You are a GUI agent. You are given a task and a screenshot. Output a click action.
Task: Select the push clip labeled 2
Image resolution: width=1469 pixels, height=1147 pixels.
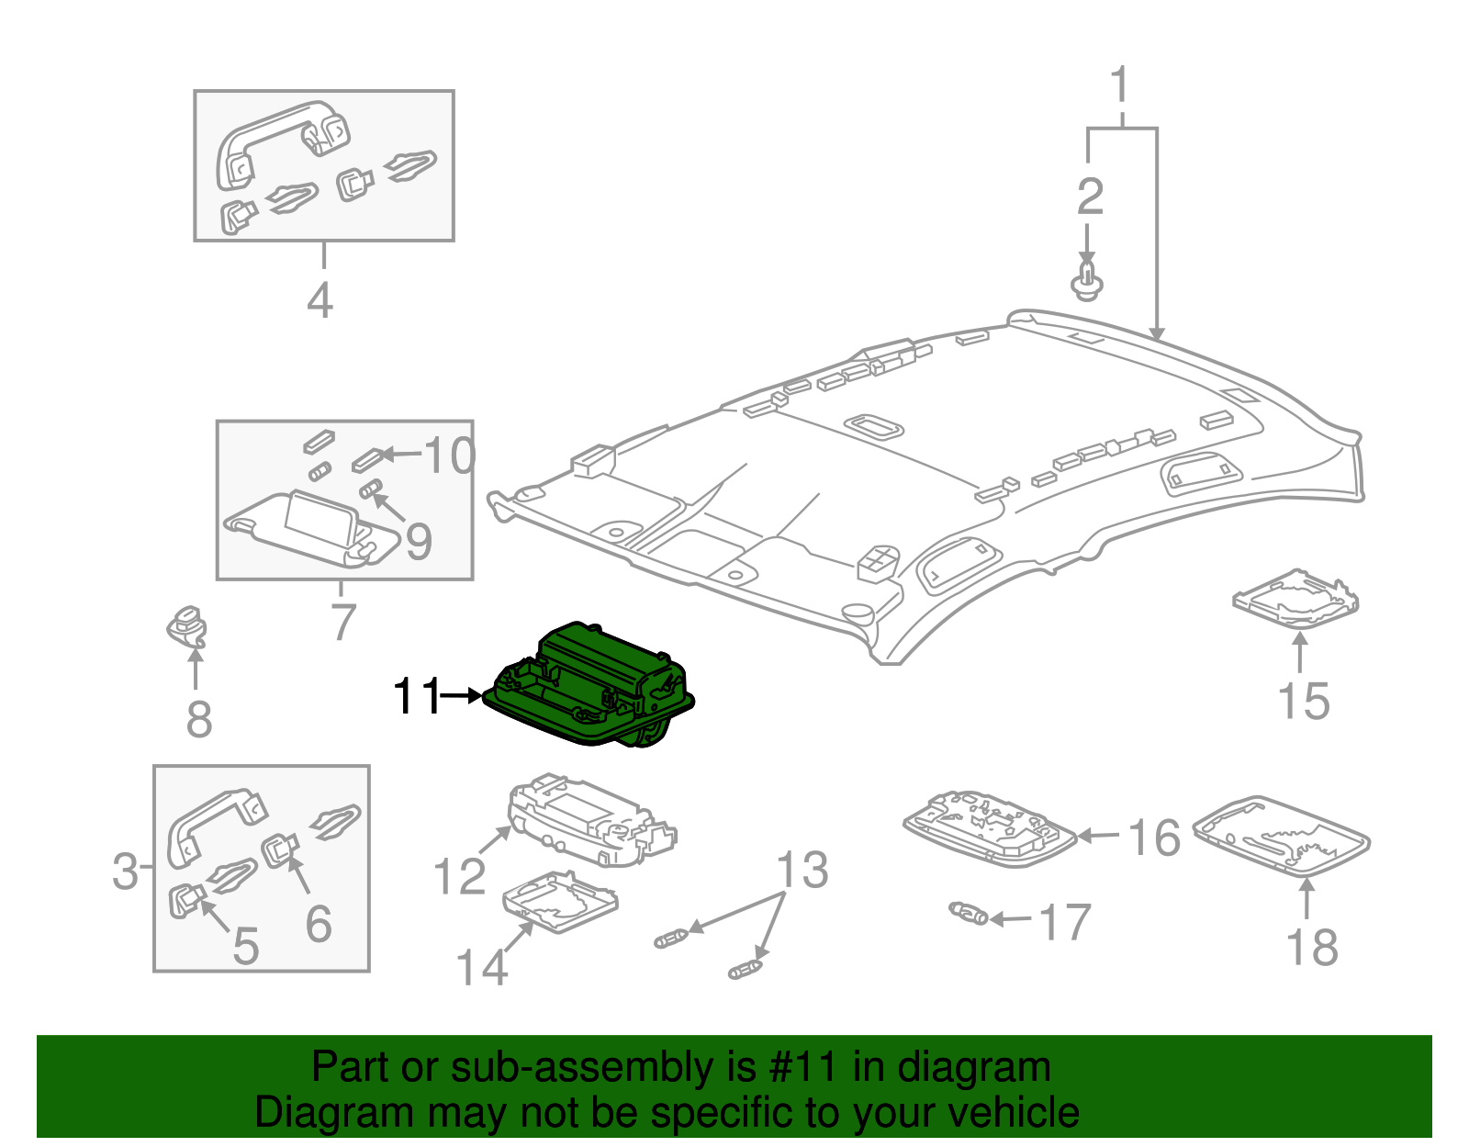pyautogui.click(x=1088, y=280)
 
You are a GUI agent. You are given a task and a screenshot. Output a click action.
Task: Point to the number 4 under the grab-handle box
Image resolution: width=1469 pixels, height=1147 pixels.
pyautogui.click(x=320, y=300)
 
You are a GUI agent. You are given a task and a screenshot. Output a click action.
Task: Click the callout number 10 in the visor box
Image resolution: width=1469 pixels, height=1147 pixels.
pyautogui.click(x=449, y=455)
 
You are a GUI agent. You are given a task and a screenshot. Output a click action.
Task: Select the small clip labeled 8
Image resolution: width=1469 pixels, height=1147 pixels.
pyautogui.click(x=187, y=628)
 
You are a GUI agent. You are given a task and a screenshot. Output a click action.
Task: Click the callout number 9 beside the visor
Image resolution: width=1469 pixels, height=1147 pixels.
pyautogui.click(x=419, y=542)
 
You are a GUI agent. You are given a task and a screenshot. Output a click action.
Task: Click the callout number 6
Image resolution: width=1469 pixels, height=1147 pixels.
pyautogui.click(x=318, y=923)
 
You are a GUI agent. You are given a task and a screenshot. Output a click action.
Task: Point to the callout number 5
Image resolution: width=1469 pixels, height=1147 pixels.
pyautogui.click(x=245, y=946)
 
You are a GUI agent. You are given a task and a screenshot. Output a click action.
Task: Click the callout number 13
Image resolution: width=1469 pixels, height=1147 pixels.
pyautogui.click(x=802, y=870)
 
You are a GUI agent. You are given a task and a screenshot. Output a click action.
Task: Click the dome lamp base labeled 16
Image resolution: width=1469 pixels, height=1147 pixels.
pyautogui.click(x=989, y=827)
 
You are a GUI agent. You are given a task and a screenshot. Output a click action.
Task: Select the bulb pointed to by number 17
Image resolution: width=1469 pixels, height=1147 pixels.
pyautogui.click(x=969, y=913)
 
